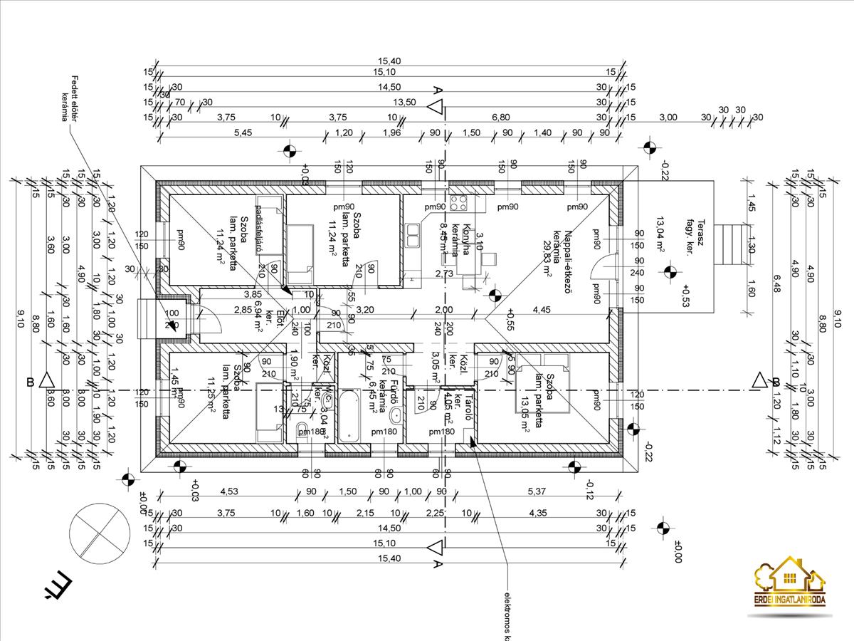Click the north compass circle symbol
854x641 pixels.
click(99, 532)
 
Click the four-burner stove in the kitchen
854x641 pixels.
click(458, 202)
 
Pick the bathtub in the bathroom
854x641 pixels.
click(349, 415)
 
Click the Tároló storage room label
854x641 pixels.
click(468, 406)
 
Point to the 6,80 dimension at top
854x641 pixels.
click(501, 117)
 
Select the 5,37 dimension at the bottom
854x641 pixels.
click(535, 491)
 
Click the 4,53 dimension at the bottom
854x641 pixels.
click(228, 491)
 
